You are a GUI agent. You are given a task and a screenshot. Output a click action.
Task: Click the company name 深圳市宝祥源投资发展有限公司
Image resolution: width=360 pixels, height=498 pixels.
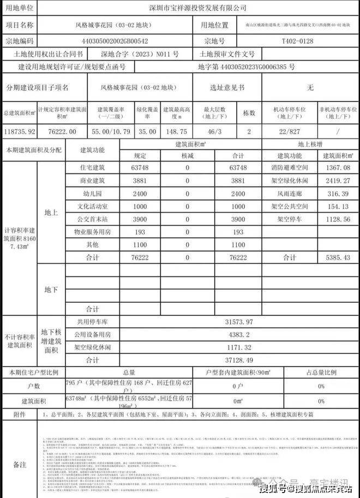[x=197, y=8]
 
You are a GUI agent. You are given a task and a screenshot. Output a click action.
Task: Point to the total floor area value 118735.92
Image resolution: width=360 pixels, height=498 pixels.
[x=19, y=132]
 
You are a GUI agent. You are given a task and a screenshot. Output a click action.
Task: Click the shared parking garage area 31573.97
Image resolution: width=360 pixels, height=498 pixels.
[x=238, y=322]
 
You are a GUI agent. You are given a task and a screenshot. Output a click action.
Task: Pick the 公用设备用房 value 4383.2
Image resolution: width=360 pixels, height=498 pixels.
[x=238, y=334]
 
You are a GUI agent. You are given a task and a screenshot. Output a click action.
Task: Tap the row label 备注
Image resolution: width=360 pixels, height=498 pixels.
[x=19, y=464]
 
